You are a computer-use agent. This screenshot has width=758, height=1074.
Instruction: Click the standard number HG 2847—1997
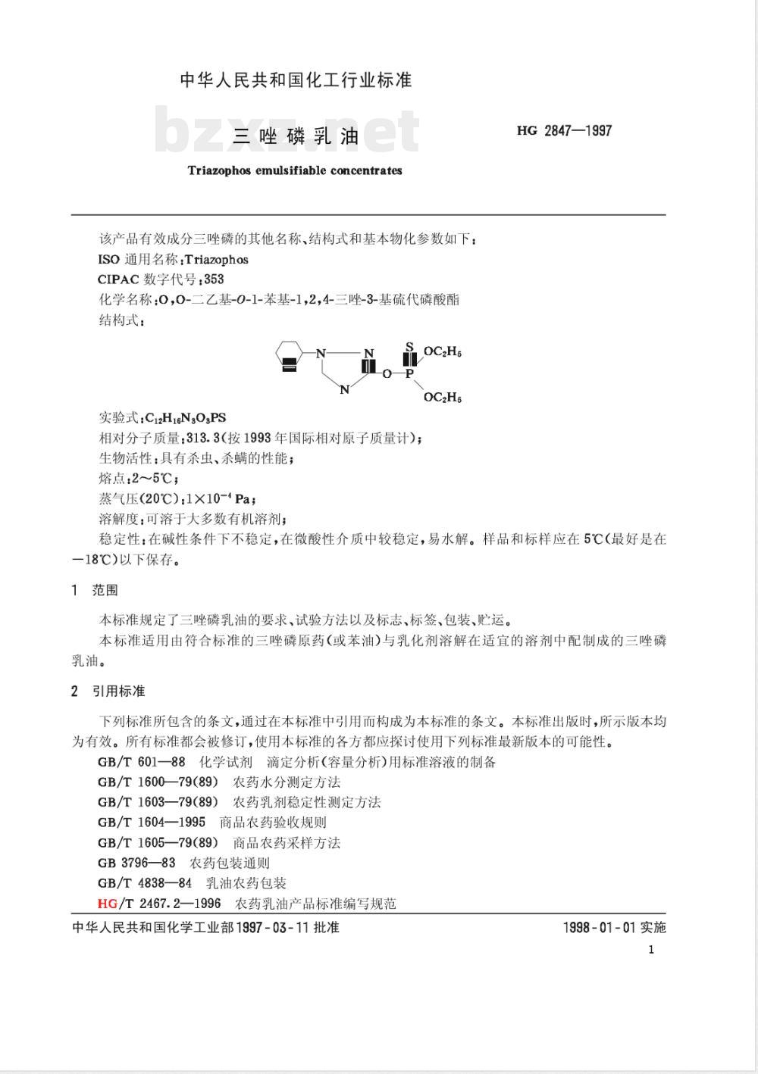pos(564,130)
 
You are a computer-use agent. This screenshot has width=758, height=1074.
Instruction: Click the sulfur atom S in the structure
pos(409,348)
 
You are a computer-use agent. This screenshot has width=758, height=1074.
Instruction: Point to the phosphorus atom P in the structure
pos(409,373)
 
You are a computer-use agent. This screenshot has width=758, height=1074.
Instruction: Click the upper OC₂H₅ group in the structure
pos(443,352)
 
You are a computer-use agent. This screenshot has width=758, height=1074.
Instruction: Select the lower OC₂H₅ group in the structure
pos(443,398)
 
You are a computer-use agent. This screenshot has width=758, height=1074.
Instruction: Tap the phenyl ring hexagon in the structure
pos(288,357)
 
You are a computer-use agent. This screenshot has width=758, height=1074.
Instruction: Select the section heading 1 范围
pos(95,590)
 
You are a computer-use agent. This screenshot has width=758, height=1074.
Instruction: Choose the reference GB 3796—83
pos(136,863)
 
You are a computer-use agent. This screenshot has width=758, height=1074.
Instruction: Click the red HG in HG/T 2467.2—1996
pos(107,903)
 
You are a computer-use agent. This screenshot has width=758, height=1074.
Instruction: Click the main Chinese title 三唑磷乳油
pos(296,137)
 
